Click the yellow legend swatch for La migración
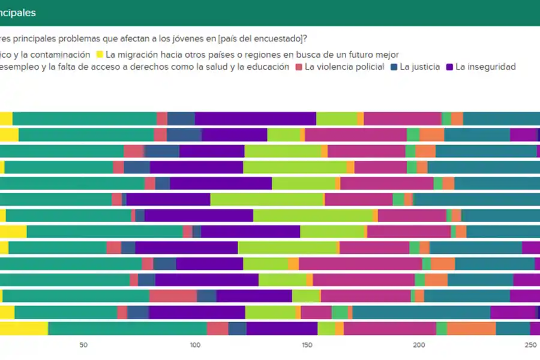(x=99, y=55)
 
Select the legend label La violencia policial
(x=344, y=67)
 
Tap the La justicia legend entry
(x=419, y=67)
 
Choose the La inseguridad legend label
(x=485, y=67)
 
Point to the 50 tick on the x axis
(x=83, y=345)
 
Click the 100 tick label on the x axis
(x=194, y=345)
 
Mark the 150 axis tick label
(x=307, y=345)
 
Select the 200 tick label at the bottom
(x=419, y=345)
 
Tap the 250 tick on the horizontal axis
(x=530, y=345)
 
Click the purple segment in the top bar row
(x=255, y=118)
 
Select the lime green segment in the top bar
(x=336, y=118)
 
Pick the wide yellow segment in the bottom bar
(x=24, y=328)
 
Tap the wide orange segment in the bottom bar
(x=471, y=328)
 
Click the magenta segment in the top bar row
(x=402, y=118)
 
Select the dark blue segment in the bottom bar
(x=237, y=328)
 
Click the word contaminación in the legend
(x=61, y=55)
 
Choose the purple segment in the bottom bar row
(x=281, y=328)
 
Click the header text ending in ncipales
(x=18, y=12)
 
